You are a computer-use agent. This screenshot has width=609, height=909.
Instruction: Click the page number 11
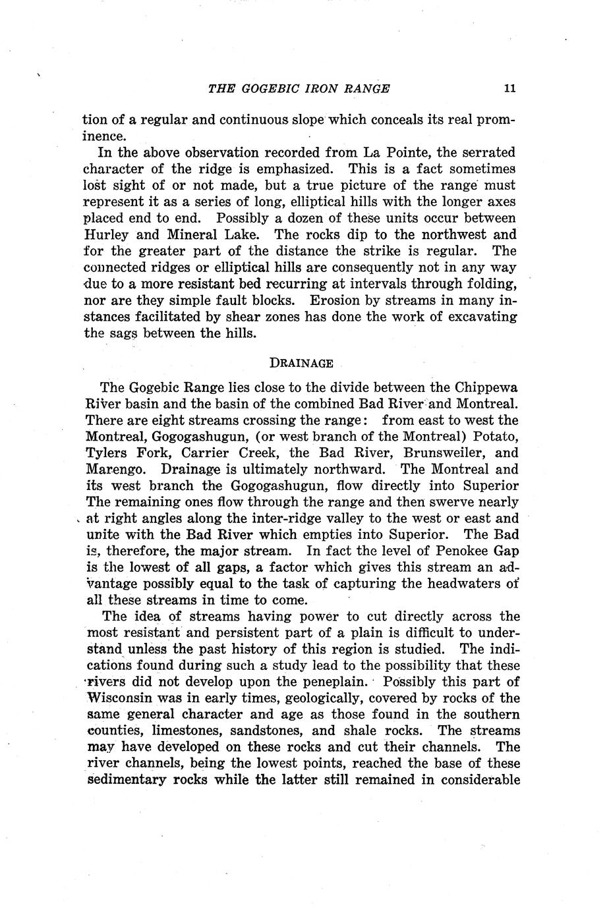click(x=507, y=88)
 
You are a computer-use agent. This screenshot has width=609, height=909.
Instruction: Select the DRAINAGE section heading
click(x=301, y=363)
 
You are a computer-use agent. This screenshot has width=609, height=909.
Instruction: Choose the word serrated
click(x=486, y=153)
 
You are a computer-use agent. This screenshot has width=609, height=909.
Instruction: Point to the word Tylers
click(x=107, y=453)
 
